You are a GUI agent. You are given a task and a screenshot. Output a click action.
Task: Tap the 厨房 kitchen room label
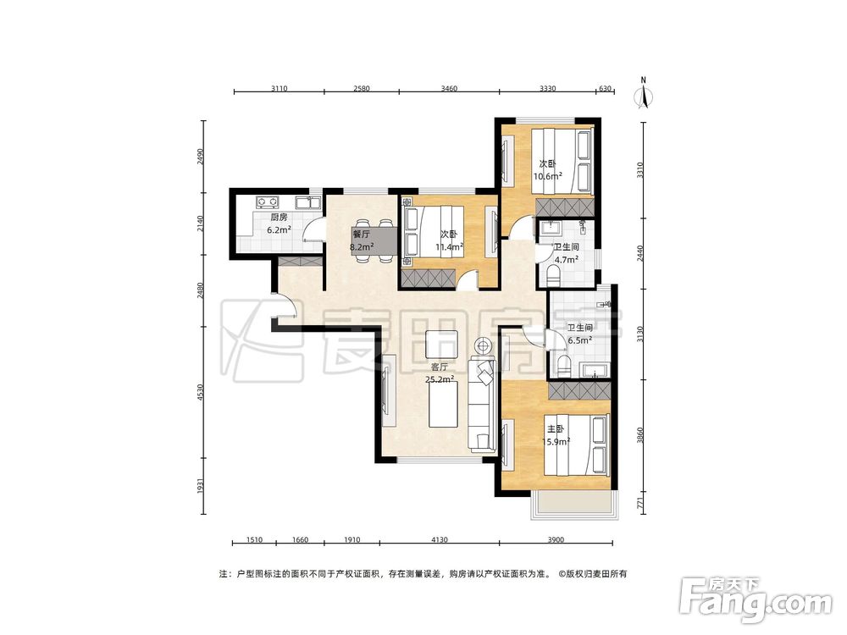(279, 218)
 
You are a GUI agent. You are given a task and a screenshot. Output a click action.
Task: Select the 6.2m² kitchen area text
(280, 229)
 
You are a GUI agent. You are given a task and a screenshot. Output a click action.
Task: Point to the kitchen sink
(308, 203)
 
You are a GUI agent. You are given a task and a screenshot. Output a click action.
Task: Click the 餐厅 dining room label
(361, 235)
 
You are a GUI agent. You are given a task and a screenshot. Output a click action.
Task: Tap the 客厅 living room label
(439, 367)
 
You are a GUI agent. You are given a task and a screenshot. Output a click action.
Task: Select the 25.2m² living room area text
(439, 379)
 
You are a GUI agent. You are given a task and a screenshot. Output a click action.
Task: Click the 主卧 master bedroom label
(556, 429)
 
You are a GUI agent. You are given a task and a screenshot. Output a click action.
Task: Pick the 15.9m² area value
(556, 442)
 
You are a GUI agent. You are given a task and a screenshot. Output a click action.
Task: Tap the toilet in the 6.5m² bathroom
(564, 365)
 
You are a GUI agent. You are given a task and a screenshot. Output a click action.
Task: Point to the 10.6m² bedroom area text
(548, 175)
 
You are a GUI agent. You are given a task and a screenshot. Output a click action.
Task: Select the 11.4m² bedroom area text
(450, 247)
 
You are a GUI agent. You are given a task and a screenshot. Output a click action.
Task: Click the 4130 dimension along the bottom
(440, 539)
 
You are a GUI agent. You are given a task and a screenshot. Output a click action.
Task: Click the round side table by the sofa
(483, 345)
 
